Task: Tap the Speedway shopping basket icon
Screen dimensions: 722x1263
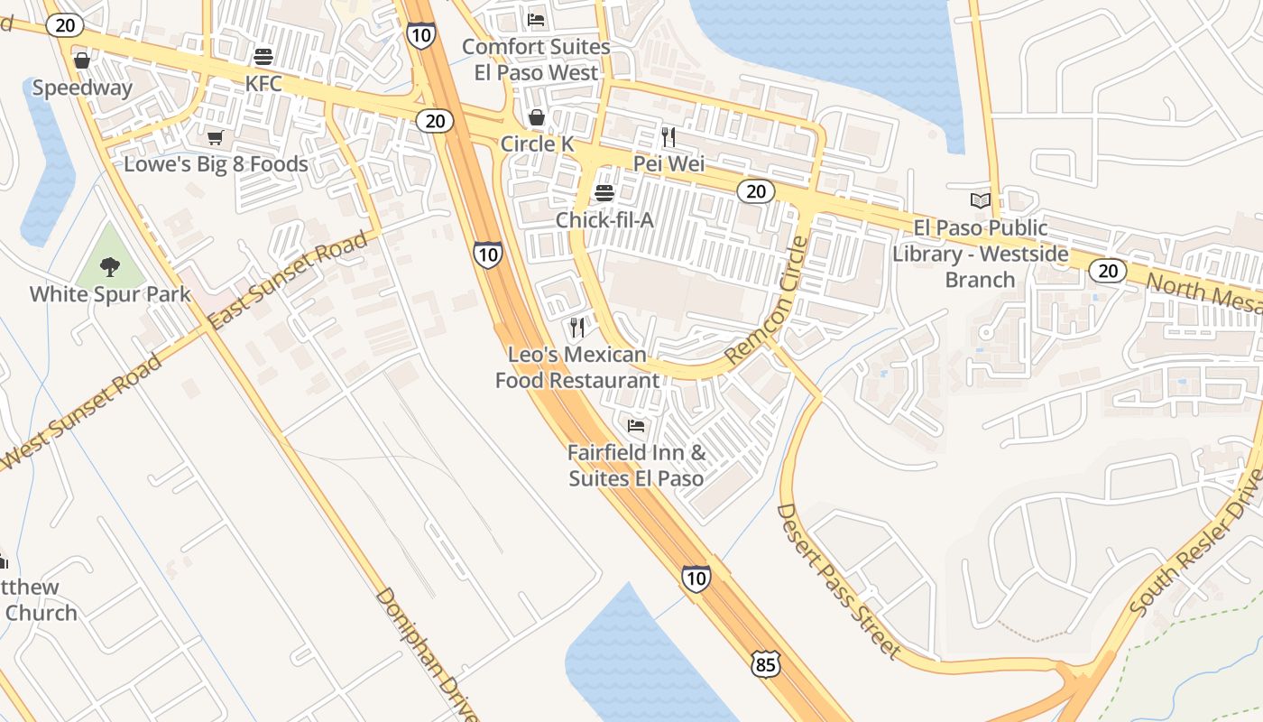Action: click(82, 60)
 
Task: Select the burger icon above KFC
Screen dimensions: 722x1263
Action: click(263, 57)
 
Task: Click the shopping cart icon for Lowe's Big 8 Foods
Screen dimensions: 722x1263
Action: click(215, 138)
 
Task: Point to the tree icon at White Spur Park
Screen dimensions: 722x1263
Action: click(110, 266)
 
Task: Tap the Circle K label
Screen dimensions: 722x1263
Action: click(537, 143)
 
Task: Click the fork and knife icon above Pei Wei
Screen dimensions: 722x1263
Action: click(668, 137)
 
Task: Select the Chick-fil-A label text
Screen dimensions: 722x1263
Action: click(604, 219)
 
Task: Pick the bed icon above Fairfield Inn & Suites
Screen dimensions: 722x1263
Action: click(636, 425)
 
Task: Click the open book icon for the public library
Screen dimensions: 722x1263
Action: click(980, 200)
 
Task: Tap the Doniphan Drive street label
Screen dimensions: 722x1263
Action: click(427, 654)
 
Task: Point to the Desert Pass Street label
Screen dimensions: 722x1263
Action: click(838, 581)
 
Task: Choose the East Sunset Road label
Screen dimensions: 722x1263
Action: click(288, 280)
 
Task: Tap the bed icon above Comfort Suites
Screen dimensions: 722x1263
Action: click(536, 20)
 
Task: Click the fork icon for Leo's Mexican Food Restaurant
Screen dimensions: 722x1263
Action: click(577, 327)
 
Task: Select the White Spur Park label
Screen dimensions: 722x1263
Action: click(110, 294)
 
